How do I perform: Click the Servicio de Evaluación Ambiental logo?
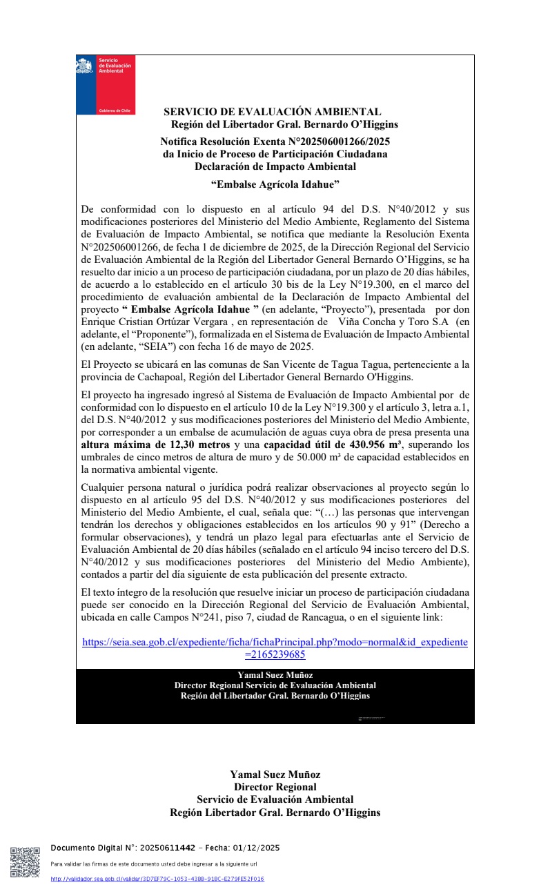(106, 84)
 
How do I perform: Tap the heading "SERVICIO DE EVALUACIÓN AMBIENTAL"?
(272, 111)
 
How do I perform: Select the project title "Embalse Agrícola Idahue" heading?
(275, 184)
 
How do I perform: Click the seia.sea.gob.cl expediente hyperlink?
(275, 647)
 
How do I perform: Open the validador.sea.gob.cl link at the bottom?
(157, 879)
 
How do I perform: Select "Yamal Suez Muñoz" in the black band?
(275, 675)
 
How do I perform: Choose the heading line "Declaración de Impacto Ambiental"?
(275, 166)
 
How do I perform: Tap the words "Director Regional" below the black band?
(275, 787)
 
